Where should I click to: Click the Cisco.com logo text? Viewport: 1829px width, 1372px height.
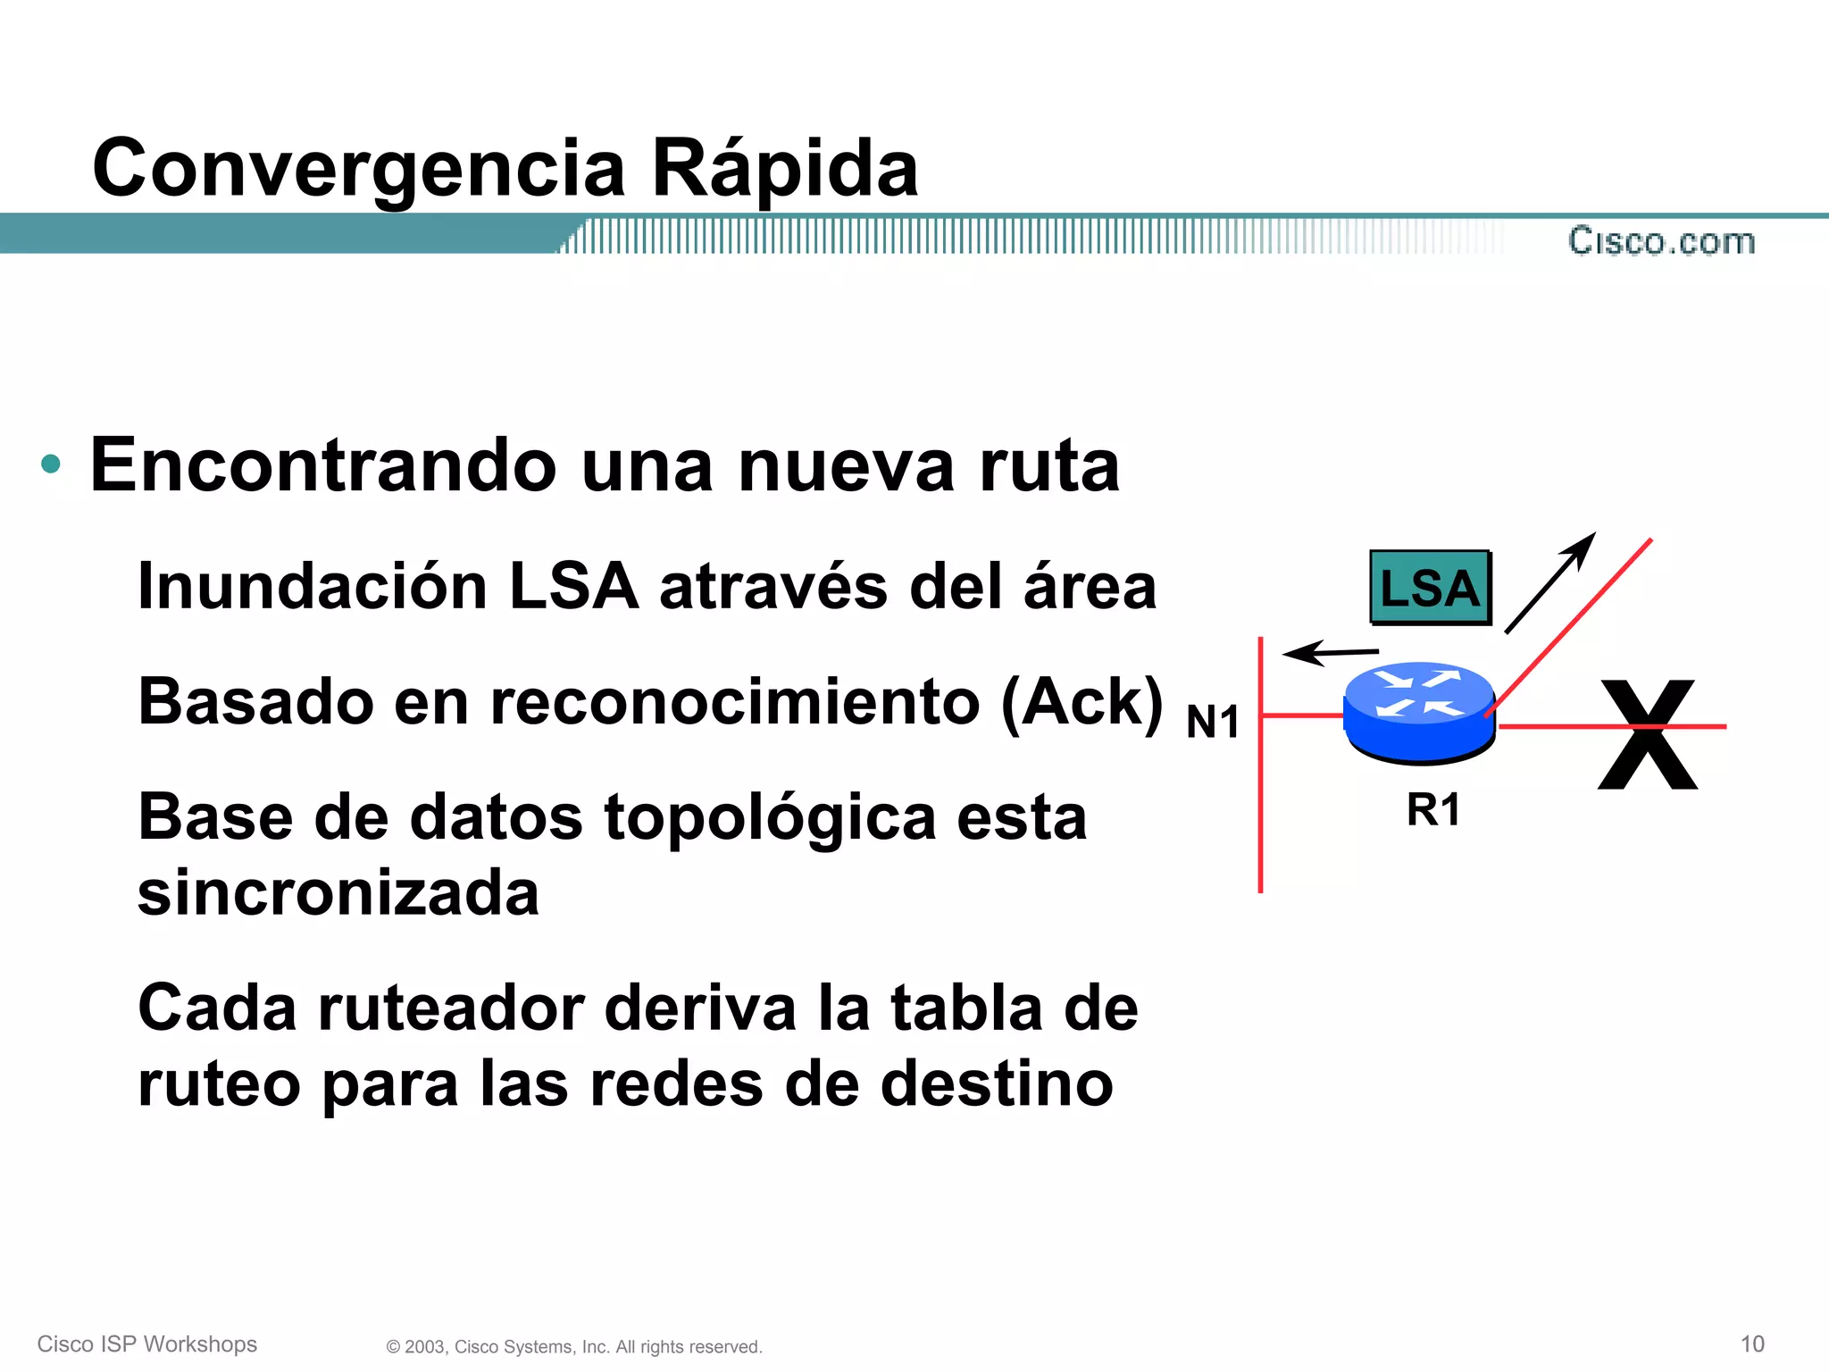pyautogui.click(x=1661, y=241)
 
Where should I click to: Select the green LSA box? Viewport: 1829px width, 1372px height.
pyautogui.click(x=1430, y=588)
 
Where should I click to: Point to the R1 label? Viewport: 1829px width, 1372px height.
pyautogui.click(x=1432, y=810)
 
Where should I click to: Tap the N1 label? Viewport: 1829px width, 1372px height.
pyautogui.click(x=1213, y=722)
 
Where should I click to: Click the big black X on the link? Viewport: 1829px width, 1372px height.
pyautogui.click(x=1648, y=734)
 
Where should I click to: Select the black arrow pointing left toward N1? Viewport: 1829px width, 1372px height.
pyautogui.click(x=1330, y=653)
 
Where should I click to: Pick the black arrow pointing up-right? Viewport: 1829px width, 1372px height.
pyautogui.click(x=1549, y=583)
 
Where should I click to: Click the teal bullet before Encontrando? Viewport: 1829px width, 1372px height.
pyautogui.click(x=51, y=464)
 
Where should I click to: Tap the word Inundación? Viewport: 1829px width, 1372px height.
pyautogui.click(x=312, y=587)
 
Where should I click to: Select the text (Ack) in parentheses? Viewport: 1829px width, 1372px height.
pyautogui.click(x=1082, y=702)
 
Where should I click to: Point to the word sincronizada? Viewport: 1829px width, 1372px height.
pyautogui.click(x=338, y=893)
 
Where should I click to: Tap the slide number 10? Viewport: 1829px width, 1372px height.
pyautogui.click(x=1752, y=1343)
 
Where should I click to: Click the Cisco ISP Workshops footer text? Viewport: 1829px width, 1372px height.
pyautogui.click(x=147, y=1344)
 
